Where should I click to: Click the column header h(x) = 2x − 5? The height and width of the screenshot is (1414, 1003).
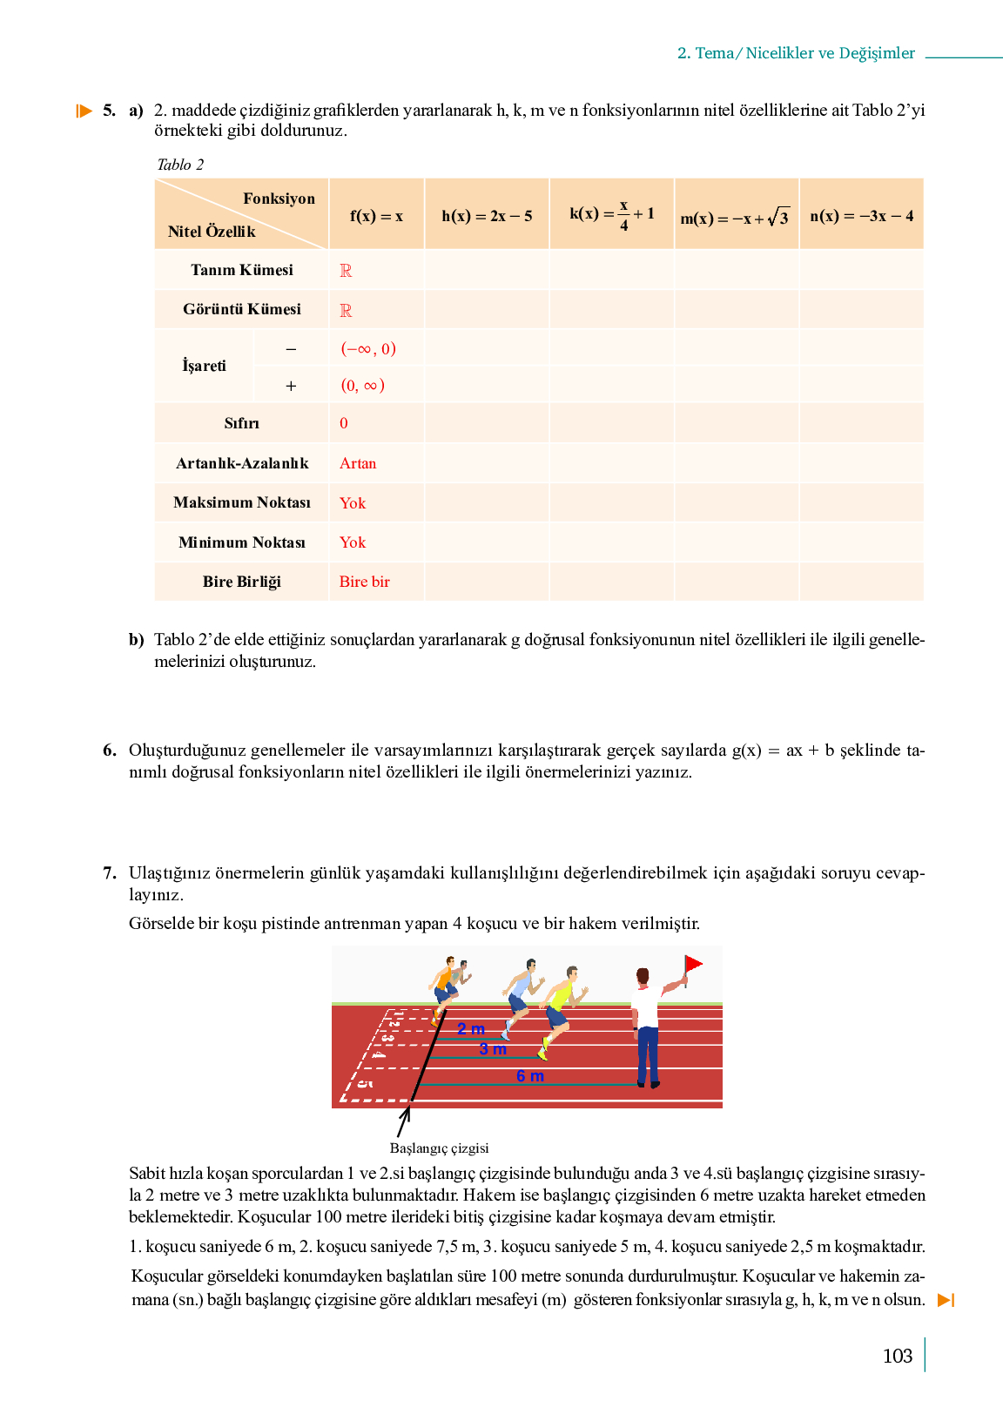click(x=487, y=216)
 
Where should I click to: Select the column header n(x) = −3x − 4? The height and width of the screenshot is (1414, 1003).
click(x=861, y=216)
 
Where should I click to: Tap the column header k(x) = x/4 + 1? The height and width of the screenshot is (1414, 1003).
click(x=611, y=214)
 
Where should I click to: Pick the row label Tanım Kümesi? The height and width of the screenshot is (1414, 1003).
click(x=242, y=270)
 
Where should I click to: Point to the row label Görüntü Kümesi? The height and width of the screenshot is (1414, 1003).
click(x=242, y=309)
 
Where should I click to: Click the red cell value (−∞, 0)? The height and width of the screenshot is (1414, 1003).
click(x=367, y=349)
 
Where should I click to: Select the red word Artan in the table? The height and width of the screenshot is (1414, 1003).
click(x=358, y=463)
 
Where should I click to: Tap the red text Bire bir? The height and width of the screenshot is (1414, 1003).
click(x=364, y=582)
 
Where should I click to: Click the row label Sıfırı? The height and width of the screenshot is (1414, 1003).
click(x=241, y=423)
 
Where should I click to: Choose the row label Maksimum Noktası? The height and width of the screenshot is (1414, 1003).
click(x=242, y=502)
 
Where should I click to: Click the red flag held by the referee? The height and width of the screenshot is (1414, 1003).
click(x=693, y=965)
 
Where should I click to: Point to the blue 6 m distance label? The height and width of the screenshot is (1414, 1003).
click(x=529, y=1076)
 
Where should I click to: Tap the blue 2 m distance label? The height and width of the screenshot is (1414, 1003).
click(x=471, y=1029)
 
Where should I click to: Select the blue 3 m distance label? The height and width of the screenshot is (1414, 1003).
click(x=493, y=1050)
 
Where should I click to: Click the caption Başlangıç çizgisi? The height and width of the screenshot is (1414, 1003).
click(x=439, y=1148)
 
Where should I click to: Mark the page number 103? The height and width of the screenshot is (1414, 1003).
click(x=897, y=1356)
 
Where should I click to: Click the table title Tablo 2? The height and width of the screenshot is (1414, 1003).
click(x=180, y=165)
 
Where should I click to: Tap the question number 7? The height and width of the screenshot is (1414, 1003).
click(x=109, y=872)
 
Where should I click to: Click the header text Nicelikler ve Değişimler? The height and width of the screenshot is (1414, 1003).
click(x=830, y=53)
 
